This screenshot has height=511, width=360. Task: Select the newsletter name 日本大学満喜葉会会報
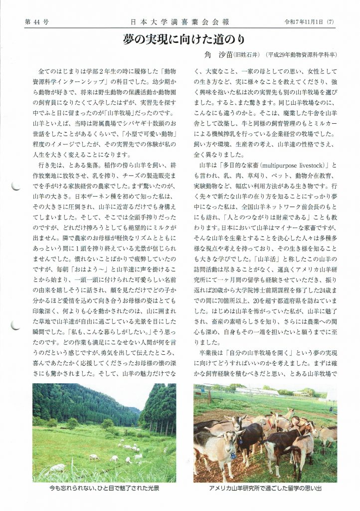[180, 22]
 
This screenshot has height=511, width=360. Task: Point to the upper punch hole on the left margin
[15, 187]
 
